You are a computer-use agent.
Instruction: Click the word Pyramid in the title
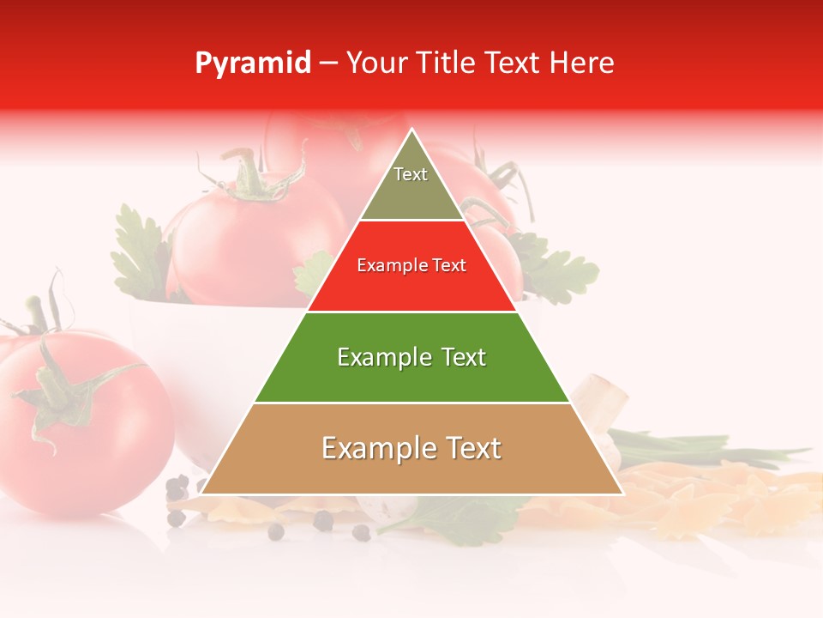coord(253,64)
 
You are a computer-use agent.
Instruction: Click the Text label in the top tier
coord(411,174)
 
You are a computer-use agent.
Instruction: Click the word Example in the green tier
coord(375,357)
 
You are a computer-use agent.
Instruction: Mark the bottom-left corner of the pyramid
coord(201,494)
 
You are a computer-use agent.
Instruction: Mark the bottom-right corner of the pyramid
coord(622,494)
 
